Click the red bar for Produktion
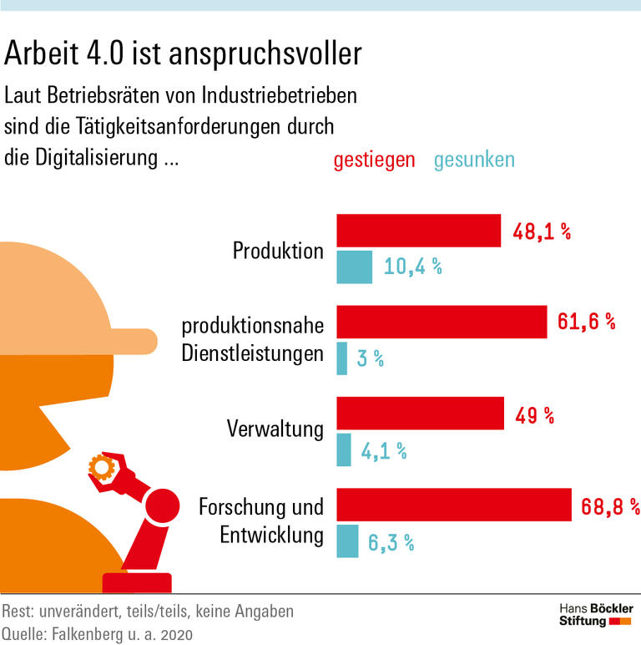pos(418,231)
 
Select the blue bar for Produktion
pos(354,267)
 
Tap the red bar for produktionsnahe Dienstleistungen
pos(442,322)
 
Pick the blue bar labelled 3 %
pos(342,358)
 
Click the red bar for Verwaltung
pos(420,414)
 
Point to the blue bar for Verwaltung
pos(344,450)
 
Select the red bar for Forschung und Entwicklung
pos(453,505)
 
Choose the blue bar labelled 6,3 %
pos(347,541)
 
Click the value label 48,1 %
pos(542,232)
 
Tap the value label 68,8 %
pos(606,506)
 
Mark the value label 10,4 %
pos(412,267)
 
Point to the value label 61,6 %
pos(586,322)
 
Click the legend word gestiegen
pos(374,160)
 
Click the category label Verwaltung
pos(275,429)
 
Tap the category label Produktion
pos(278,250)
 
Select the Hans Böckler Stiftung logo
pos(595,614)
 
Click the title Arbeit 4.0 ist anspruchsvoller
pos(183,53)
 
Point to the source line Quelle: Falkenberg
pos(98,633)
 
